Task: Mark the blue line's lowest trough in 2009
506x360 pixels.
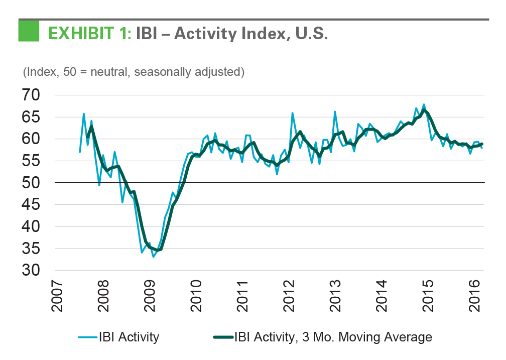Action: click(153, 257)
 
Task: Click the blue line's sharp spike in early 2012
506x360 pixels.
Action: click(292, 113)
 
